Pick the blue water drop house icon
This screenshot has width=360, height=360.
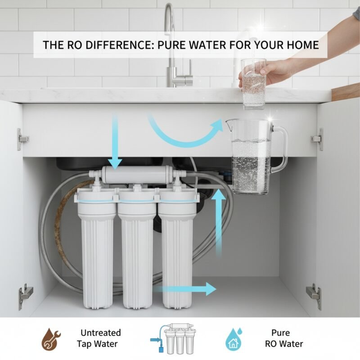233,339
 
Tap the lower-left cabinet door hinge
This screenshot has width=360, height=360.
25,295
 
